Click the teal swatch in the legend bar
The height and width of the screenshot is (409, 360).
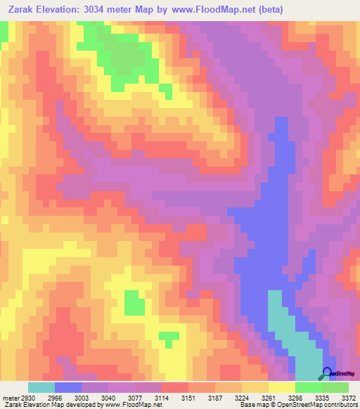click(x=41, y=387)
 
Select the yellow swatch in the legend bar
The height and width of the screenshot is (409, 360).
click(x=282, y=387)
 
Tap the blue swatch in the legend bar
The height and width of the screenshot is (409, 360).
click(x=68, y=387)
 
